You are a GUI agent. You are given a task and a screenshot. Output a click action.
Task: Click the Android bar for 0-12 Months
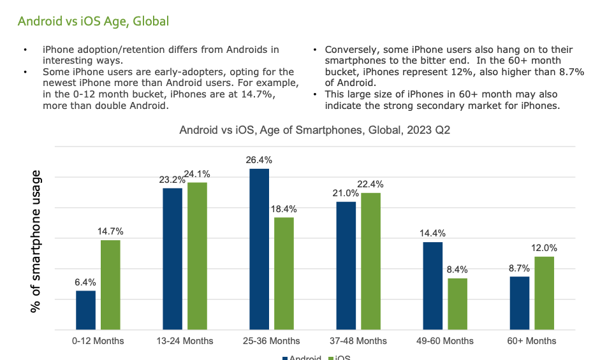[x=85, y=310]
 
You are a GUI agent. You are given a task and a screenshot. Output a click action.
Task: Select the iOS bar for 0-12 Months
[x=110, y=285]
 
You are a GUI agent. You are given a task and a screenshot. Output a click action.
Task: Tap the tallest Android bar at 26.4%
[x=260, y=249]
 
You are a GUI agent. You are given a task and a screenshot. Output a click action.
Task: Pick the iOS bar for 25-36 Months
[x=284, y=273]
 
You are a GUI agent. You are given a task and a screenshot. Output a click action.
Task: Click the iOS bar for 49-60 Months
[x=457, y=304]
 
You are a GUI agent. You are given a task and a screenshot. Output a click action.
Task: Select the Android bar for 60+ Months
[x=520, y=303]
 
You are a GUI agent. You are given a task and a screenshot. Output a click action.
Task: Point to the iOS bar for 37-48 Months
[x=370, y=261]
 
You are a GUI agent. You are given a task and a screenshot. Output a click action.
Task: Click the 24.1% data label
[x=198, y=174]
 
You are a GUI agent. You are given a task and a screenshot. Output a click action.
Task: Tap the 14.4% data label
[x=432, y=233]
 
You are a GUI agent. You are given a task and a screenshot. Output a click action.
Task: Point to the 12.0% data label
[x=544, y=248]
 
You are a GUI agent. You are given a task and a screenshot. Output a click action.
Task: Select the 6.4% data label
[x=85, y=282]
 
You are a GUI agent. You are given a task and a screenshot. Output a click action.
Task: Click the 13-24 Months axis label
[x=185, y=341]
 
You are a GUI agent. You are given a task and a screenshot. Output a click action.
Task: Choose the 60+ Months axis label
[x=532, y=341]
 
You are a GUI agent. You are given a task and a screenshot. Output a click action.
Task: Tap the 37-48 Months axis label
[x=358, y=341]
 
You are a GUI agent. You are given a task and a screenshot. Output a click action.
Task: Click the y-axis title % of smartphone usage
[x=37, y=241]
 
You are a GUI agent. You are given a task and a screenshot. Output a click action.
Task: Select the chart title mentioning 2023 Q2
[x=316, y=130]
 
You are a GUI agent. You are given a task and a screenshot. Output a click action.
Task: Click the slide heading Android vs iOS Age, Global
[x=93, y=21]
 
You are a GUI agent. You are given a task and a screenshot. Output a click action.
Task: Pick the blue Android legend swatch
[x=285, y=357]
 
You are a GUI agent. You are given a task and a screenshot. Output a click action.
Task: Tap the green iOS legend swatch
[x=330, y=357]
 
